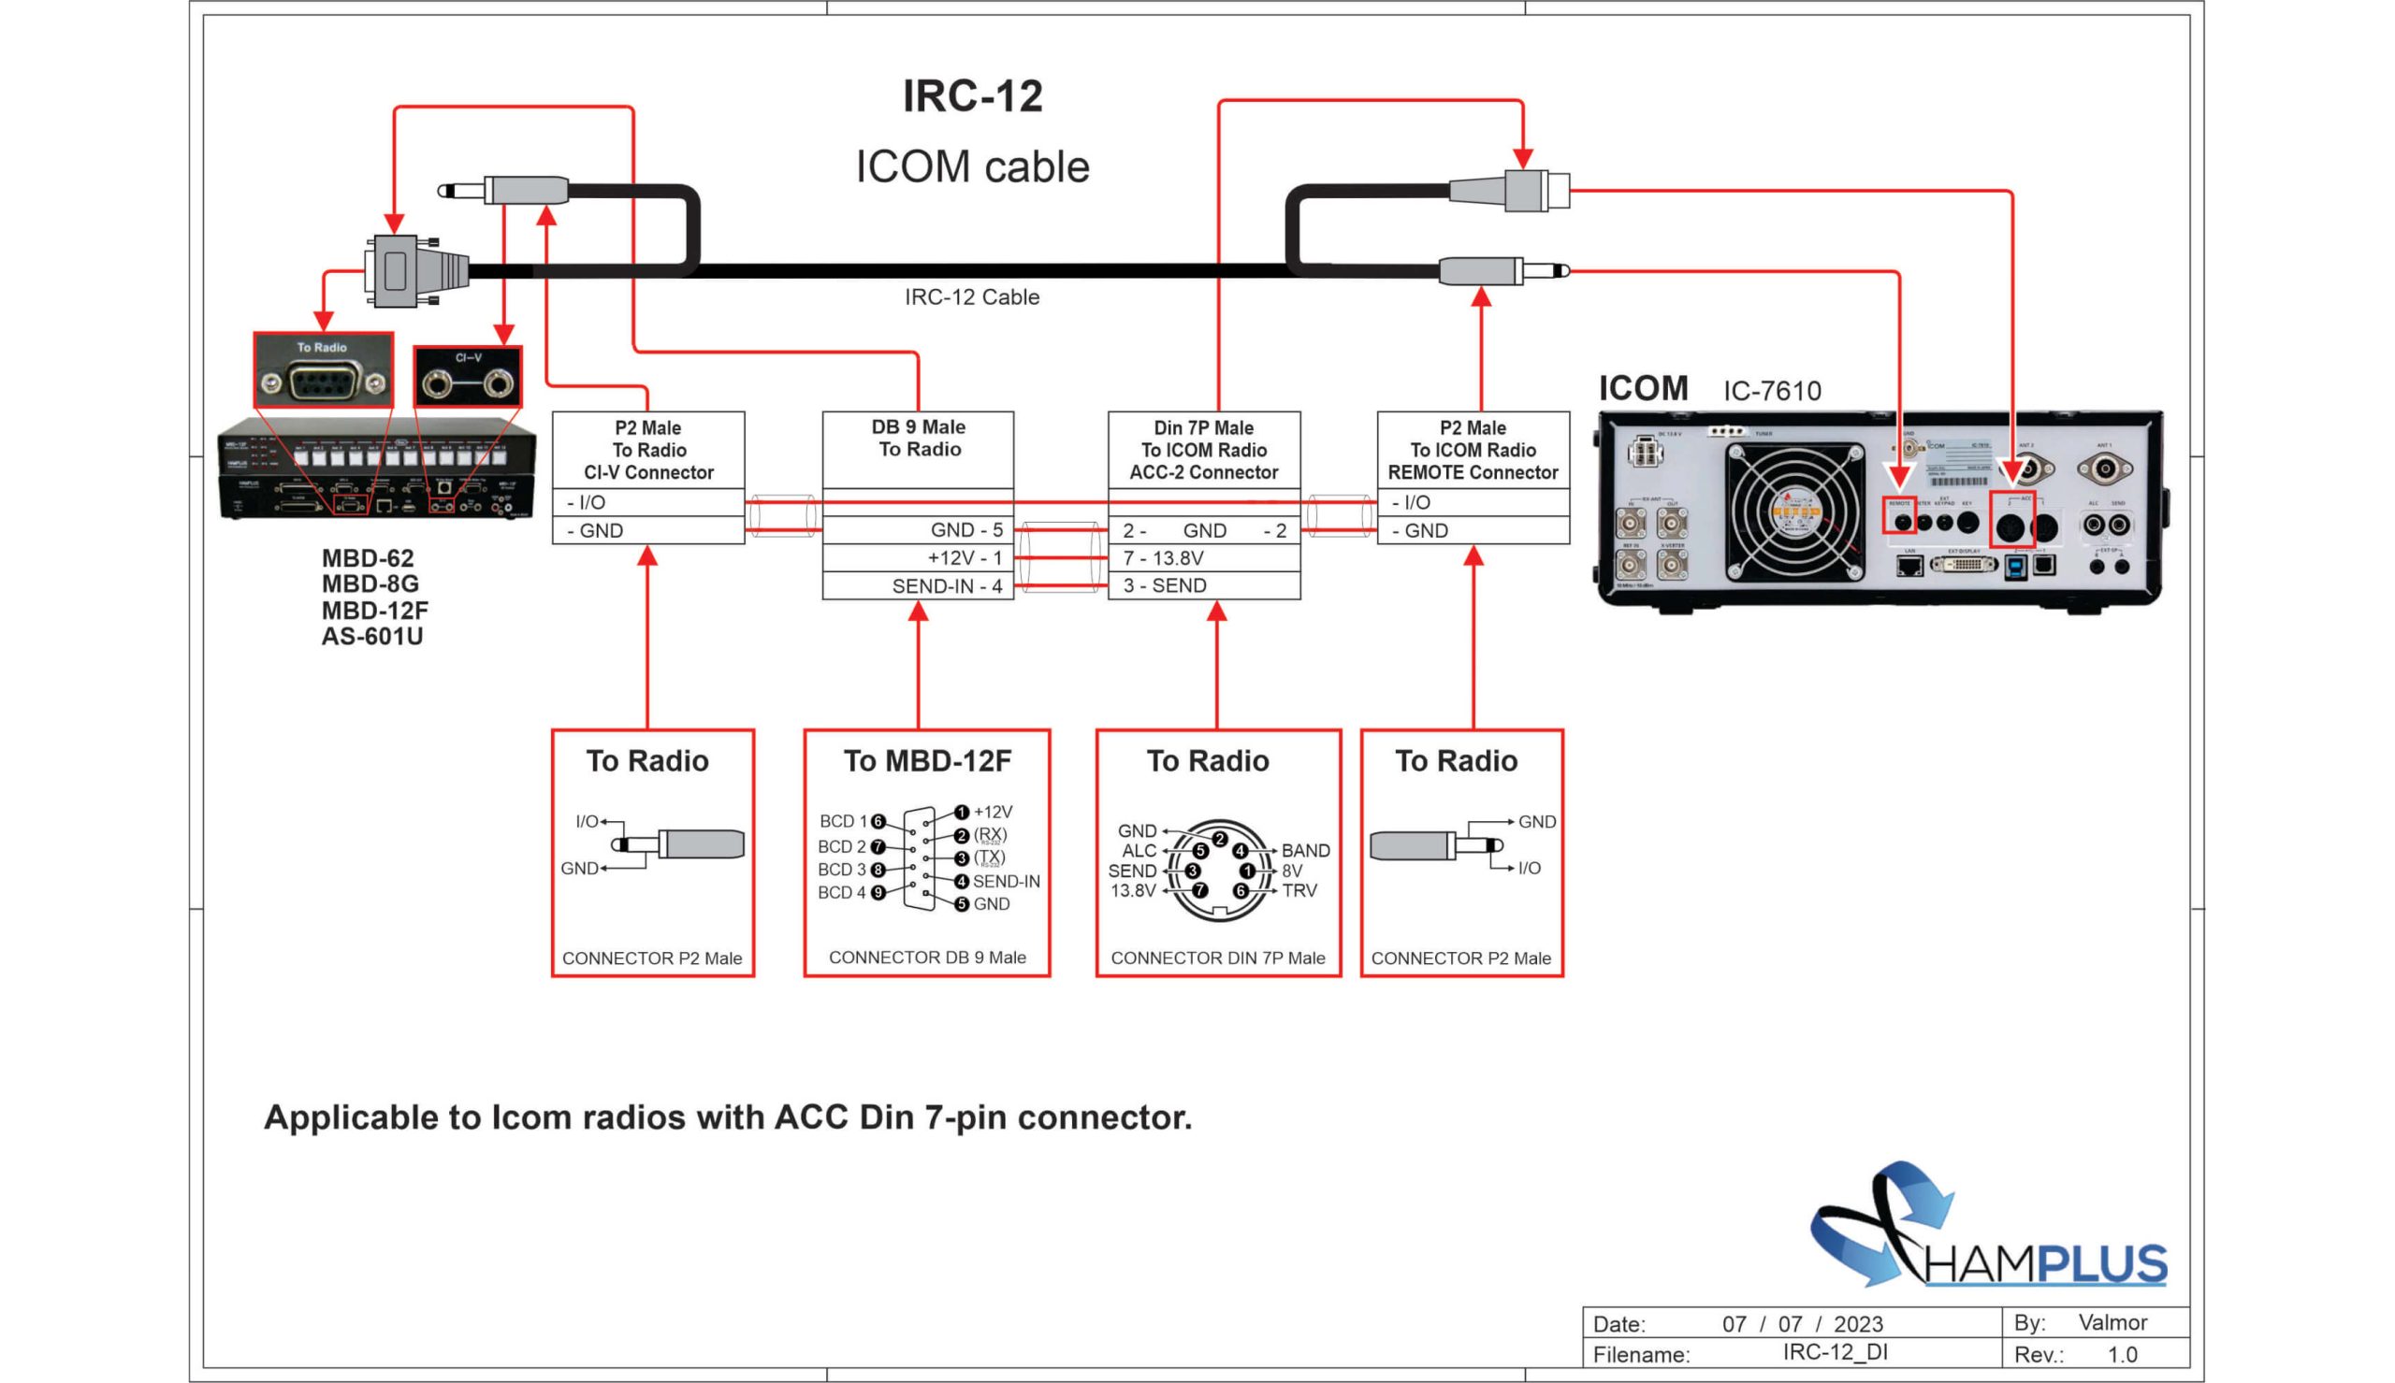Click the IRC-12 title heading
coord(972,96)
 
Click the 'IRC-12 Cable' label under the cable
coord(971,297)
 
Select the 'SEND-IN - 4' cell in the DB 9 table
coord(946,586)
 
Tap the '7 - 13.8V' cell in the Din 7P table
coord(1163,557)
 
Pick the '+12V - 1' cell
coord(964,557)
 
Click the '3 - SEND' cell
coord(1165,585)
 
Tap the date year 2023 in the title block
coord(1858,1324)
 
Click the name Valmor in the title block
coord(2112,1322)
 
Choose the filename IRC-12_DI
coord(1835,1352)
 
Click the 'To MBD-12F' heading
coord(927,761)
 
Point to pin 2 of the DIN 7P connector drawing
coord(1219,839)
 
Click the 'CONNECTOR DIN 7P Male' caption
coord(1217,958)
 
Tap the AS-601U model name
coord(371,637)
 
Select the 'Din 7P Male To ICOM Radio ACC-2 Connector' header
coord(1204,450)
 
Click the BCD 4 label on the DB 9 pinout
coord(842,893)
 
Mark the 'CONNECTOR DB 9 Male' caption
coord(927,958)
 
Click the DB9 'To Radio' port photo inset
coord(323,371)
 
